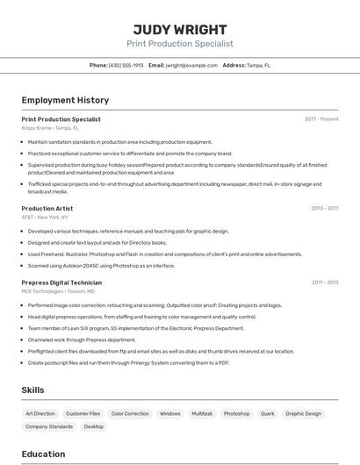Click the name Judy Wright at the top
pos(180,29)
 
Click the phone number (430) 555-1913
pos(126,65)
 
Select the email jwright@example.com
pos(191,65)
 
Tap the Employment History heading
pos(65,100)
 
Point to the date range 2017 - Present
pos(321,119)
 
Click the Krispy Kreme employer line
pos(50,128)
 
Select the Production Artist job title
pos(47,208)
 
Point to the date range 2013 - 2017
pos(325,208)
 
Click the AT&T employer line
pos(45,217)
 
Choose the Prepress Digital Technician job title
pos(61,283)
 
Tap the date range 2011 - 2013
pos(325,283)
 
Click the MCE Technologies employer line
pos(55,291)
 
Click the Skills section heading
pos(32,390)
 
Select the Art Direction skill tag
pos(40,413)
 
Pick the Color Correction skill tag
pos(130,413)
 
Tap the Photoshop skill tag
pos(236,413)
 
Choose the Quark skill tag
pos(267,413)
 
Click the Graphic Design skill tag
pos(303,413)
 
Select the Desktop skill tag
pos(93,426)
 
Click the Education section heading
pos(43,454)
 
